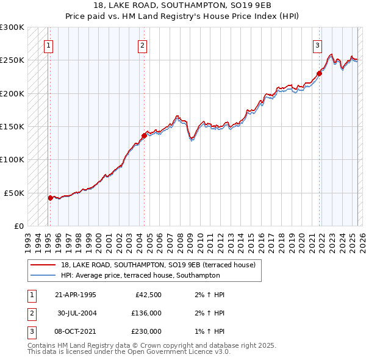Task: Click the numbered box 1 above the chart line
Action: click(x=48, y=45)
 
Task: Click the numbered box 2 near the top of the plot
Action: click(x=142, y=45)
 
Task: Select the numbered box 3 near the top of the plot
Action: click(x=318, y=45)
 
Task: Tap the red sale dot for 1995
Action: click(x=50, y=197)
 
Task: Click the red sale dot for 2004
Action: click(x=144, y=135)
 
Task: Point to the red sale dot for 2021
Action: click(x=319, y=73)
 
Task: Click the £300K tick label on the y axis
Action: click(x=12, y=27)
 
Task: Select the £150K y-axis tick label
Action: click(x=12, y=126)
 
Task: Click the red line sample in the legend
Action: click(x=43, y=265)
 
